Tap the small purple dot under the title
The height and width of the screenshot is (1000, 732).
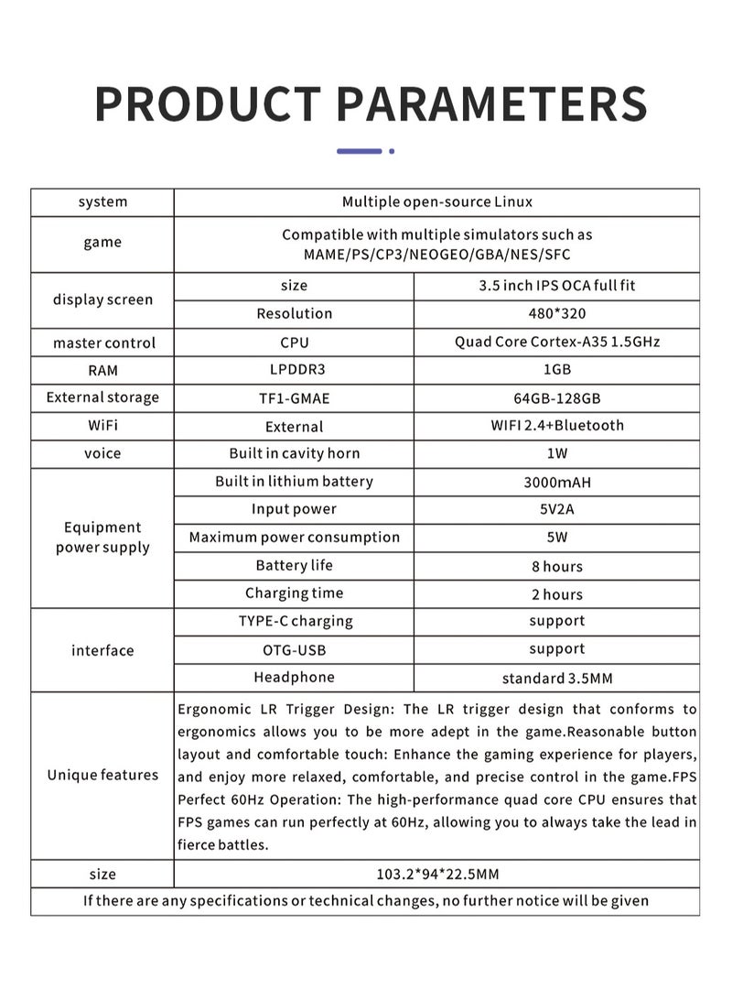coord(392,151)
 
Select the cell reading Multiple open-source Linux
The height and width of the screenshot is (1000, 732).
coord(436,201)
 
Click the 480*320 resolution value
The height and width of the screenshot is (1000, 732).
coord(556,313)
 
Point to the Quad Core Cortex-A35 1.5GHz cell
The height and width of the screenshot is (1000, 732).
coord(556,342)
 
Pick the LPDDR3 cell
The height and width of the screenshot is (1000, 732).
coord(294,371)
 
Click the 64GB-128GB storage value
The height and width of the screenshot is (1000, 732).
coord(556,398)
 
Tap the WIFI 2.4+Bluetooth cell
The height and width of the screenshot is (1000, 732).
coord(556,426)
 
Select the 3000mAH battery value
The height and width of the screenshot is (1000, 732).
coord(556,482)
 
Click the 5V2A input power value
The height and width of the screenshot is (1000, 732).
coord(556,510)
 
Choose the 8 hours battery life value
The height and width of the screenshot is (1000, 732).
coord(556,567)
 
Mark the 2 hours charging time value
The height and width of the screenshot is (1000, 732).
coord(556,594)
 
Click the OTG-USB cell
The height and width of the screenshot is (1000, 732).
coord(294,649)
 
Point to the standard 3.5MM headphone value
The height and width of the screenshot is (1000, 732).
coord(556,679)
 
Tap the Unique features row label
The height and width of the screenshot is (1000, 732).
coord(102,776)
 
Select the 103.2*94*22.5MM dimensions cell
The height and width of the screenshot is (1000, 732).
coord(436,875)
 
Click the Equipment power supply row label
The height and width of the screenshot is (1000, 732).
coord(102,538)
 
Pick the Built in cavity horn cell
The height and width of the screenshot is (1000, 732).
coord(294,454)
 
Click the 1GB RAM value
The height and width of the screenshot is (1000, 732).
coord(556,371)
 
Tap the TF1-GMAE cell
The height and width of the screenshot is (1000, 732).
coord(294,398)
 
